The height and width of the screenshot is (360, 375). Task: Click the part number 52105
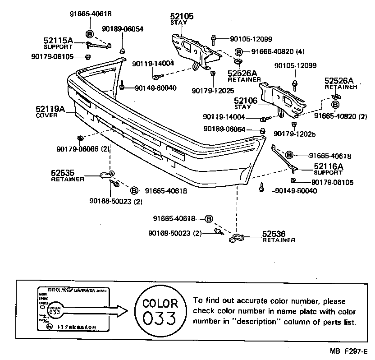[x=182, y=16]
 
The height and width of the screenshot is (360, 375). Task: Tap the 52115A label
[x=58, y=41]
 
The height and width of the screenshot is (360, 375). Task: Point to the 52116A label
[x=329, y=166]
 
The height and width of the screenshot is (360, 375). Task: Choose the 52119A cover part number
[x=50, y=109]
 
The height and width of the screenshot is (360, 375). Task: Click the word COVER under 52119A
[x=46, y=115]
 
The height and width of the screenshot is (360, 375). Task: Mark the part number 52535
[x=63, y=172]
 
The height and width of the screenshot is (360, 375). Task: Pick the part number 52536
[x=274, y=234]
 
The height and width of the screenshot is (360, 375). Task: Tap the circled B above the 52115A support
[x=89, y=34]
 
